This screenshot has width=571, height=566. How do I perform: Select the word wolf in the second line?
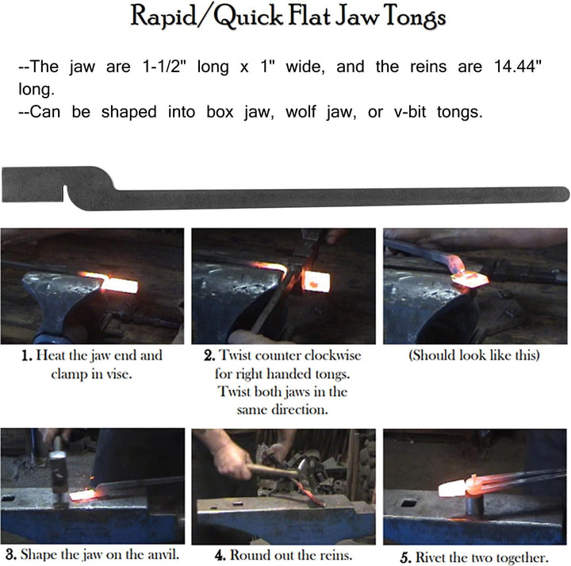click(301, 111)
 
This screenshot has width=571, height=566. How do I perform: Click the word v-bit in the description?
click(410, 111)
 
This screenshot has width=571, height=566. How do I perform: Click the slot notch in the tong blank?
click(66, 193)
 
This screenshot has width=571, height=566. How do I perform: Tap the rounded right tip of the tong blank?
click(564, 193)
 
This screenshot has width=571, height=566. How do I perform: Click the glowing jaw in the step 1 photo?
click(120, 285)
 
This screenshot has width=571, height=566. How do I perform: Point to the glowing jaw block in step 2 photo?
click(316, 281)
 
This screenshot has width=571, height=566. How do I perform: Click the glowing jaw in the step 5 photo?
click(453, 488)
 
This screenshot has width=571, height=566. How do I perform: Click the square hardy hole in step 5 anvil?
click(409, 503)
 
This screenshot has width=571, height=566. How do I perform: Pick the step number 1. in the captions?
click(27, 356)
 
